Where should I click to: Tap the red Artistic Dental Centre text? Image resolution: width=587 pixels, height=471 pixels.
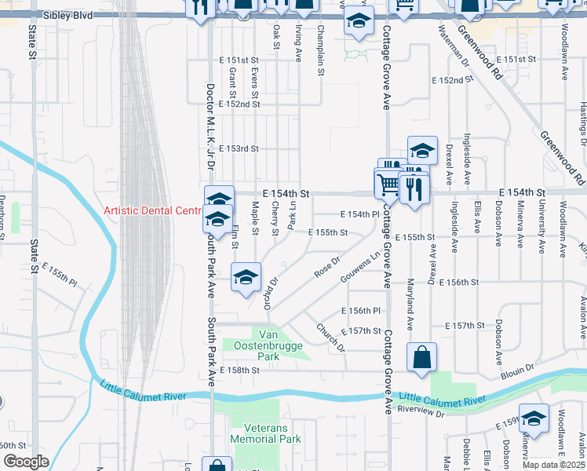(x=154, y=211)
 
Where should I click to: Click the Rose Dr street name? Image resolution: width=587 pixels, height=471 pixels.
(x=327, y=268)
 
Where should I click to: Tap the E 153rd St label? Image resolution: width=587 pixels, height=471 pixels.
(x=238, y=148)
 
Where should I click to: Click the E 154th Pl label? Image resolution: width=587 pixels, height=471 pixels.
(x=359, y=214)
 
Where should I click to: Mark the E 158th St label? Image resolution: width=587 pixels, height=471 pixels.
(x=239, y=370)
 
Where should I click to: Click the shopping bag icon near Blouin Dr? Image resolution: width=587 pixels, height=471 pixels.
(x=421, y=357)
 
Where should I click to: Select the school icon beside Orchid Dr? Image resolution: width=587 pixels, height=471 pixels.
(x=246, y=277)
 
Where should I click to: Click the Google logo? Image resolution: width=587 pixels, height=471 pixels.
(x=26, y=462)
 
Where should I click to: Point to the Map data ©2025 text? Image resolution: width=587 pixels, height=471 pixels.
(x=554, y=465)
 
